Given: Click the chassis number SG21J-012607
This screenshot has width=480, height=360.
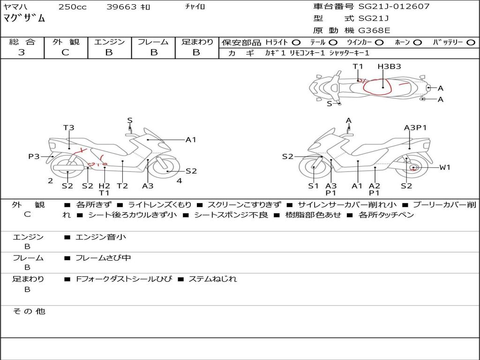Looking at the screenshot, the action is click(x=394, y=6).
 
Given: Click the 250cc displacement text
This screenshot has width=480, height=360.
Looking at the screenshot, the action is click(x=73, y=7).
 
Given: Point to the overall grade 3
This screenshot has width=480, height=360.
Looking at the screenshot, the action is click(x=22, y=52).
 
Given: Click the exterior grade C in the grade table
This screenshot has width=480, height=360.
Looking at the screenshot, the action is click(x=65, y=52).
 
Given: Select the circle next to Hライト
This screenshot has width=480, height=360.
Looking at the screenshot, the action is click(x=296, y=43).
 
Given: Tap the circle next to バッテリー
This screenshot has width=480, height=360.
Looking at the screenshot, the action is click(x=471, y=43).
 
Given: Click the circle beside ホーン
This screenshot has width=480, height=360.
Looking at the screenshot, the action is click(x=418, y=43).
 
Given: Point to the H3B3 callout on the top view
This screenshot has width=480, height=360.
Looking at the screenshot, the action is click(x=389, y=67).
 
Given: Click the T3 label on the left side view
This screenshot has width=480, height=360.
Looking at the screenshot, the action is click(x=68, y=127).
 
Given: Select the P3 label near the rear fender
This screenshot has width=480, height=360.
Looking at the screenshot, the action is click(x=34, y=157).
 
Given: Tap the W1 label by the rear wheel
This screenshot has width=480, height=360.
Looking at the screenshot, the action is click(x=445, y=167).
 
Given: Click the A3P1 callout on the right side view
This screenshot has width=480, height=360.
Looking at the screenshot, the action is click(x=415, y=127).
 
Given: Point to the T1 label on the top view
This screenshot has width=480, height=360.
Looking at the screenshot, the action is click(x=358, y=67).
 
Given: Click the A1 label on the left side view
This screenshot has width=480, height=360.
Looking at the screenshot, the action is click(x=191, y=140).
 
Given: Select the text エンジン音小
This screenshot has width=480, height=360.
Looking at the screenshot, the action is click(x=101, y=237).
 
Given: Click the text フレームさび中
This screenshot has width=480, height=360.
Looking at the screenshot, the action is click(x=103, y=258).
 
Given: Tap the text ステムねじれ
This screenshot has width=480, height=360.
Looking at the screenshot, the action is click(x=213, y=279).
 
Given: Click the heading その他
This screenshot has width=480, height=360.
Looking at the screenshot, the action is click(x=29, y=311).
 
